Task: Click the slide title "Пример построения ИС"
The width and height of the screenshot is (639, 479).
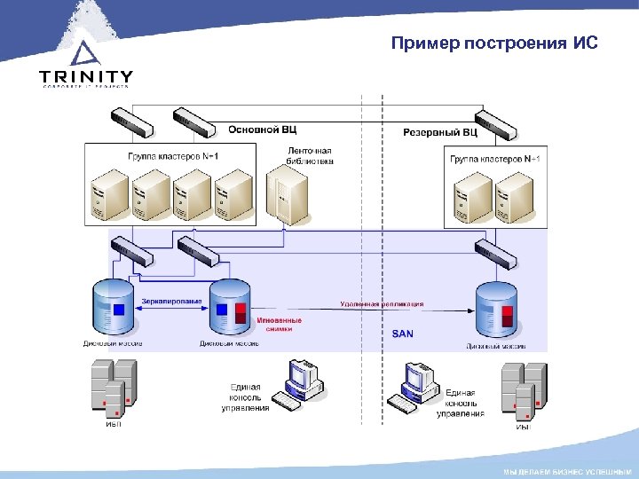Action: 494,43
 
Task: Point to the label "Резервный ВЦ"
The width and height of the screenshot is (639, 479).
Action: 440,132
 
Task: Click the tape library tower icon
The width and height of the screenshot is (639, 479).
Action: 284,198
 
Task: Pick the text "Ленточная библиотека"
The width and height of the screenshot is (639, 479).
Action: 310,156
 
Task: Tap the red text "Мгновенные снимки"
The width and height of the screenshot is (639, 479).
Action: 279,324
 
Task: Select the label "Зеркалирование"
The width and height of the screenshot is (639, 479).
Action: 171,301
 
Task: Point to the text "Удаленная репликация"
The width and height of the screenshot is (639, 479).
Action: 382,303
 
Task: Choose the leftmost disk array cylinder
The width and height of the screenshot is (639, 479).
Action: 114,308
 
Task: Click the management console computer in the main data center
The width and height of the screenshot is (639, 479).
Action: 299,387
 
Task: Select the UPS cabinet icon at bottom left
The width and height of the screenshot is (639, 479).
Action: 114,389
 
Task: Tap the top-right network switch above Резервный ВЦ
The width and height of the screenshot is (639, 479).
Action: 493,125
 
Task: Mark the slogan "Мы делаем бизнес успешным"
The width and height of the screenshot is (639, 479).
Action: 567,469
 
